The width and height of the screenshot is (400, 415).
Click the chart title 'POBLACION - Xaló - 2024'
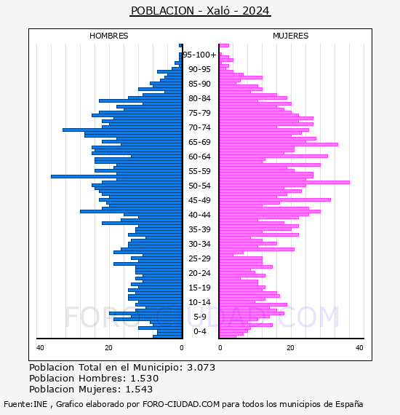click(200, 11)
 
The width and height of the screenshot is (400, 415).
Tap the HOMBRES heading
click(108, 36)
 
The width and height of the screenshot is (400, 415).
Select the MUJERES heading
click(291, 36)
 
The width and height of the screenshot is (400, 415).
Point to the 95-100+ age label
click(199, 55)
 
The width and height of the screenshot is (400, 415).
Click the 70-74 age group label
click(199, 127)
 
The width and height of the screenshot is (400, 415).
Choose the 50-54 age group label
click(199, 186)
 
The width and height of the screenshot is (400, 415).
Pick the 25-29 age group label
click(199, 258)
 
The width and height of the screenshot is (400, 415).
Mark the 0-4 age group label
click(199, 331)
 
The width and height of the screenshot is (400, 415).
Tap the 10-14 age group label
click(199, 302)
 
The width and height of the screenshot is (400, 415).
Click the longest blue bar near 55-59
click(116, 176)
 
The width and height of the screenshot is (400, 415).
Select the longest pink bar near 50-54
click(284, 182)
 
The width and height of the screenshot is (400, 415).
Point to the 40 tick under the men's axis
click(40, 348)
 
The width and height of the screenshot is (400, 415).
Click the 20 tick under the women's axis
click(290, 348)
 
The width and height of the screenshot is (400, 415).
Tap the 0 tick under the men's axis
click(181, 348)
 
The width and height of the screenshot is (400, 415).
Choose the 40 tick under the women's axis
click(359, 348)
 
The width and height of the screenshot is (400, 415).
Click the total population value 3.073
click(201, 368)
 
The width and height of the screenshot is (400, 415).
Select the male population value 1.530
click(145, 378)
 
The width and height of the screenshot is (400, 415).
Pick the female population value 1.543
click(139, 389)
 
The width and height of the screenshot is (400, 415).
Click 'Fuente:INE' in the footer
click(25, 404)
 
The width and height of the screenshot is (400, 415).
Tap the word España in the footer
click(349, 404)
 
